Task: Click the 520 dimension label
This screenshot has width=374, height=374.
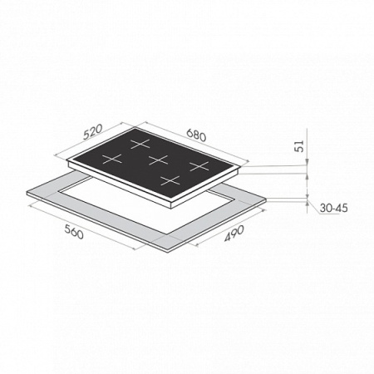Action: (93, 131)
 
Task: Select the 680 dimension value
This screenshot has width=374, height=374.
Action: (196, 135)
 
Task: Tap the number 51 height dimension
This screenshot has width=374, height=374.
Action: (299, 146)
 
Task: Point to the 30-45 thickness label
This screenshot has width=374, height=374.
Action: (333, 208)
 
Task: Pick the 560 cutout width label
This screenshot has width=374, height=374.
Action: (74, 232)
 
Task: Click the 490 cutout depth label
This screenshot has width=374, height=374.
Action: (234, 234)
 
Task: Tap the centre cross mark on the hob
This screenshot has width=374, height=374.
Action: (158, 160)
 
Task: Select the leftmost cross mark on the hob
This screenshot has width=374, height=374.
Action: (112, 160)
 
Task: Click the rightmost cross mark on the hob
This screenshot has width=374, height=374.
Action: (199, 166)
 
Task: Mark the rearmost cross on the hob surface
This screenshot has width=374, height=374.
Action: (140, 144)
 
